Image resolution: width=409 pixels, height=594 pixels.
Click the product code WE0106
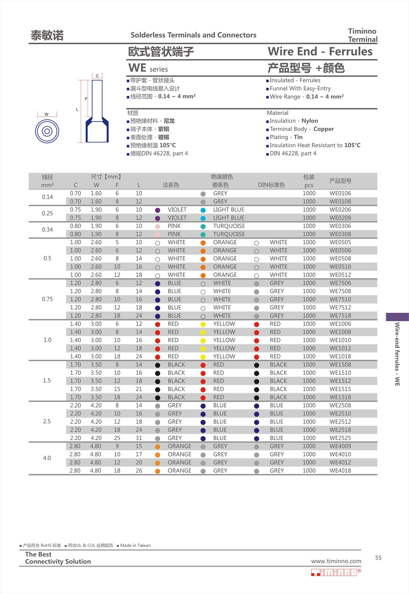tap(340, 193)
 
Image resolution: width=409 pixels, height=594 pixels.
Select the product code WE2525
tap(340, 438)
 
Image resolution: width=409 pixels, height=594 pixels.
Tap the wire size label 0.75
tap(47, 299)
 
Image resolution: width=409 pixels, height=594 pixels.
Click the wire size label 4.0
tap(47, 458)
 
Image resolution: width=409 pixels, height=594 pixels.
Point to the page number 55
tap(378, 558)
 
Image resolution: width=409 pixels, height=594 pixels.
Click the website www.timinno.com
tap(336, 561)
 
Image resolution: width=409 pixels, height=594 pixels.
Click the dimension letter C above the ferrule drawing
tap(97, 76)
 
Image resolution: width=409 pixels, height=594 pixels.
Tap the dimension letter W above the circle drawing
tap(46, 114)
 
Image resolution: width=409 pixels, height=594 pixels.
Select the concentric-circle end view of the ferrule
tap(47, 131)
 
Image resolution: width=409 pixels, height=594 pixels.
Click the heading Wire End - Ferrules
tap(320, 51)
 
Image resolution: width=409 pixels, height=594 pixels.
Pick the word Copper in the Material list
tap(323, 129)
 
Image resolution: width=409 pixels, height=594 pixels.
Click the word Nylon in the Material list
tap(309, 121)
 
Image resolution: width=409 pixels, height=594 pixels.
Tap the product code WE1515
tap(340, 389)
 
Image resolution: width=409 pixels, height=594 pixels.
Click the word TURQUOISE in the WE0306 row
tap(229, 226)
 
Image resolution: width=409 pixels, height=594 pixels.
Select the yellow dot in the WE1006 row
tap(203, 324)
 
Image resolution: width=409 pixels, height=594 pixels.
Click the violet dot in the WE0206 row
tap(157, 210)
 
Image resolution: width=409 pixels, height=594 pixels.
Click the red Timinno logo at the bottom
tap(335, 572)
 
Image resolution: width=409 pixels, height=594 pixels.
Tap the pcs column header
tap(309, 185)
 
